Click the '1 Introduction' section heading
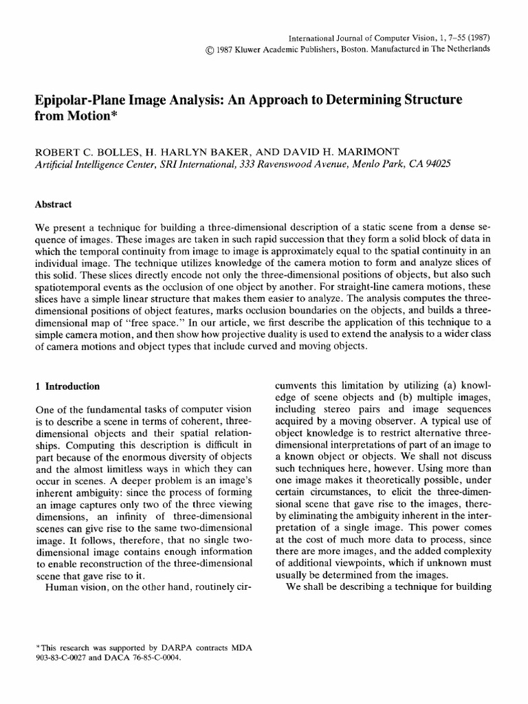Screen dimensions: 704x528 point(67,386)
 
